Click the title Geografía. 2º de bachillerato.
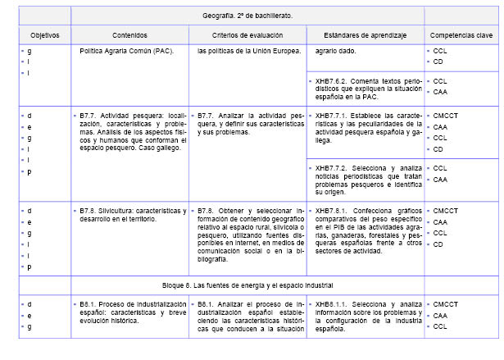click(247, 15)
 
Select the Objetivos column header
click(39, 36)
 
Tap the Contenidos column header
click(129, 36)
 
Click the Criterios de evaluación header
click(246, 36)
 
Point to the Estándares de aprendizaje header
click(364, 36)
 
